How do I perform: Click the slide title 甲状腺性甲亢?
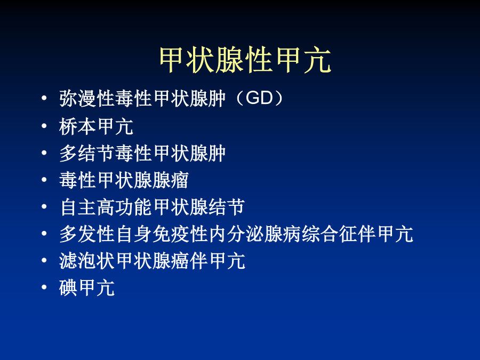coord(245,60)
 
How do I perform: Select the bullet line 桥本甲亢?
coord(96,126)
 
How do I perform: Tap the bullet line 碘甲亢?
coord(87,288)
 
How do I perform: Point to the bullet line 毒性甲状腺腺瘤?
coord(124,180)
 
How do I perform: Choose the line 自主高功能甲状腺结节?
coord(152,207)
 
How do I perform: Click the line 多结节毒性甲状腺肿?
coord(142,153)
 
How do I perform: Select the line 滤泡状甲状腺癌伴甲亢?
coord(152,261)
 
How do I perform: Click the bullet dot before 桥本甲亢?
coord(44,125)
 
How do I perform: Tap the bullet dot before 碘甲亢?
coord(44,287)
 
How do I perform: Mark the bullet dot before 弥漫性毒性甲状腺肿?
coord(44,98)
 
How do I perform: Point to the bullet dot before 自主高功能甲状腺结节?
coord(44,206)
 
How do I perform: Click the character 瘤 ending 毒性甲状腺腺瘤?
coord(180,180)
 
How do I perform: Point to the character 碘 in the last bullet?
coord(68,288)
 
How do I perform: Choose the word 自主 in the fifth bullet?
coord(78,207)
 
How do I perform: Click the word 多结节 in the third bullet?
coord(87,153)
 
